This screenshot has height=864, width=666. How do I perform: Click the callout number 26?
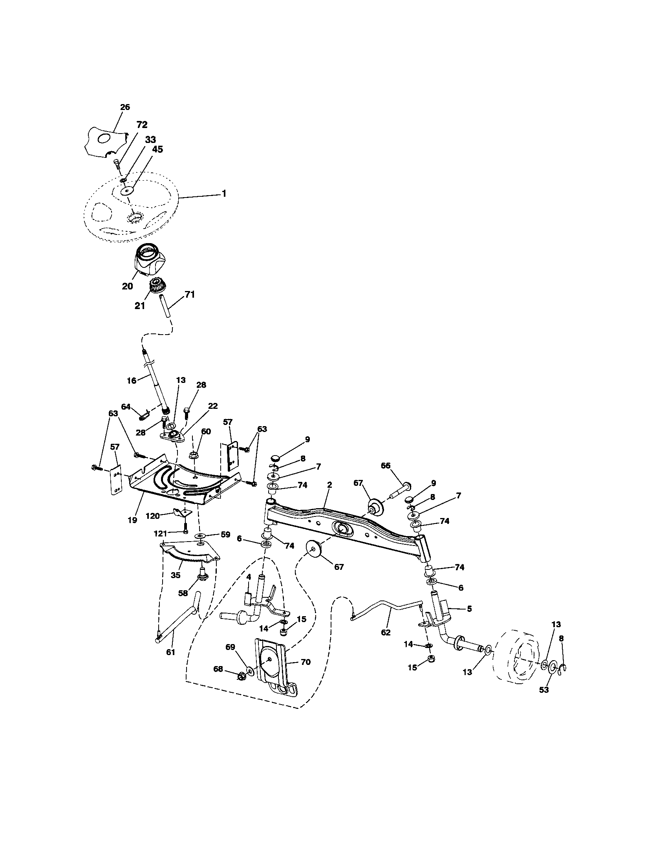click(x=125, y=107)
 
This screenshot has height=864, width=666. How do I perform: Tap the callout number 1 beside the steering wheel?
click(x=224, y=194)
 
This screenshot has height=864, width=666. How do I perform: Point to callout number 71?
click(x=190, y=295)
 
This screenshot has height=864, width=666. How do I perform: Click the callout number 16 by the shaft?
click(x=131, y=381)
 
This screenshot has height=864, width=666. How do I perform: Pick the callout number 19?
click(x=132, y=520)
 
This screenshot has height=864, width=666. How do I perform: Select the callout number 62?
click(x=386, y=633)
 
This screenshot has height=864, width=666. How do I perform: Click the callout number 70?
click(x=306, y=661)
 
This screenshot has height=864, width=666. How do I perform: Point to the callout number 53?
click(x=544, y=690)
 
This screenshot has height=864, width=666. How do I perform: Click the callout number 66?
click(x=385, y=466)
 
